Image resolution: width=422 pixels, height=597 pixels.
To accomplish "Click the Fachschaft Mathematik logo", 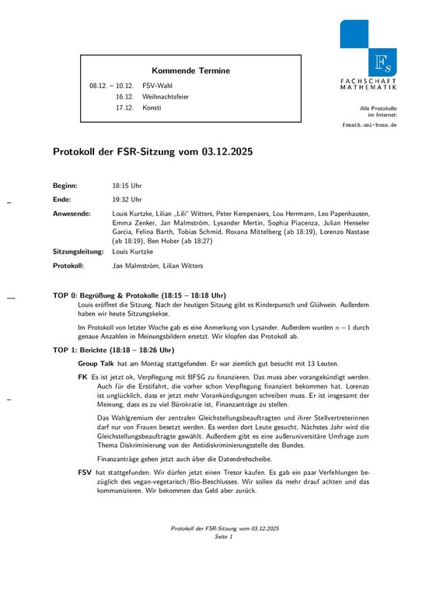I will [x=368, y=54].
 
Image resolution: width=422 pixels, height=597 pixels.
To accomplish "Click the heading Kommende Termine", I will [x=190, y=71].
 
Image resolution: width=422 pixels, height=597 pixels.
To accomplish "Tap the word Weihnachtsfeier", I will [x=166, y=96].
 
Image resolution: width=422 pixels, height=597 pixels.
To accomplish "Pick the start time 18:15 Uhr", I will [x=127, y=186].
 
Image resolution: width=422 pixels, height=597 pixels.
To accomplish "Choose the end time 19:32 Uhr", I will [x=127, y=199].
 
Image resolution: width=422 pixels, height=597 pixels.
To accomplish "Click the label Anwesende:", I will [x=71, y=212].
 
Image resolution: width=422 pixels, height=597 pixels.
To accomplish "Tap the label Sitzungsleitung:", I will [x=78, y=252].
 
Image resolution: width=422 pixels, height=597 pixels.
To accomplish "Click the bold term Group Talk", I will [x=96, y=363].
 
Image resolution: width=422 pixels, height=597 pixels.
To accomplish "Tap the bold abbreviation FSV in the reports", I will [x=85, y=472].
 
